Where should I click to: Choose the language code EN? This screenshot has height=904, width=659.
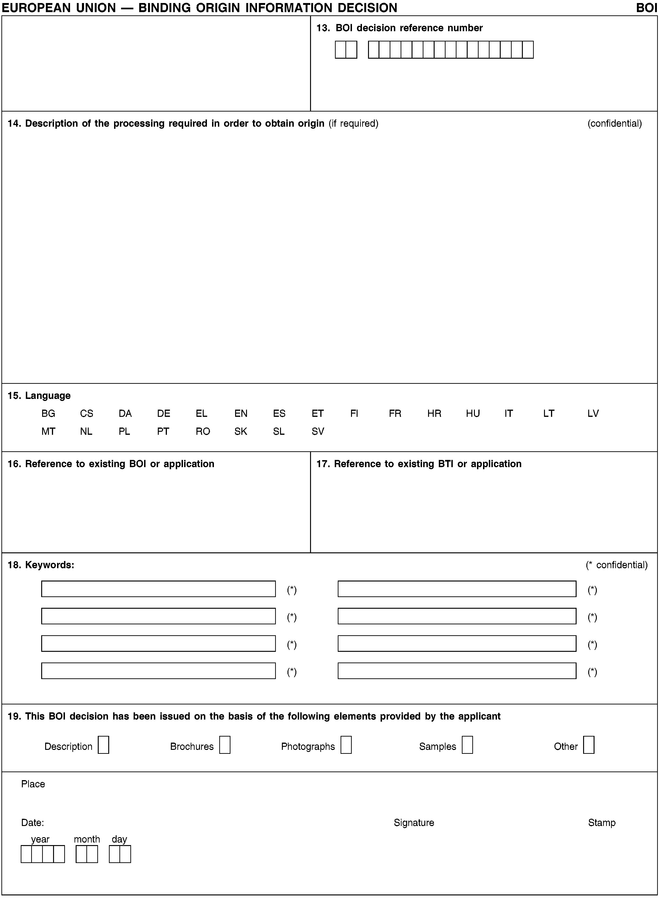pos(241,414)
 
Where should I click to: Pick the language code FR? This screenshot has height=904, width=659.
pos(395,414)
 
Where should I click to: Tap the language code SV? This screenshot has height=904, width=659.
pos(318,432)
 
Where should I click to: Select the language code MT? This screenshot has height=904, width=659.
pos(48,432)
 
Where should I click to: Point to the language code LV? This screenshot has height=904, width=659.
pos(593,414)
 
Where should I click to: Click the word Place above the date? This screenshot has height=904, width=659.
pos(33,784)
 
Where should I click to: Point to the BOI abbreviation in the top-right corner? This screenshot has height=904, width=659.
pos(646,8)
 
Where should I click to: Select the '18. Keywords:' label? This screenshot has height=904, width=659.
pos(41,565)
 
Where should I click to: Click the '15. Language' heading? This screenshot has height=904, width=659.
pos(39,395)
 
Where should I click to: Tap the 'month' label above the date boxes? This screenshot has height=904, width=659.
pos(87,839)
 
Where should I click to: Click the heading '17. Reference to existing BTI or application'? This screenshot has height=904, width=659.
pos(419,464)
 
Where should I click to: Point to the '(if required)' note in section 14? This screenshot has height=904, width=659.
pos(353,123)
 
